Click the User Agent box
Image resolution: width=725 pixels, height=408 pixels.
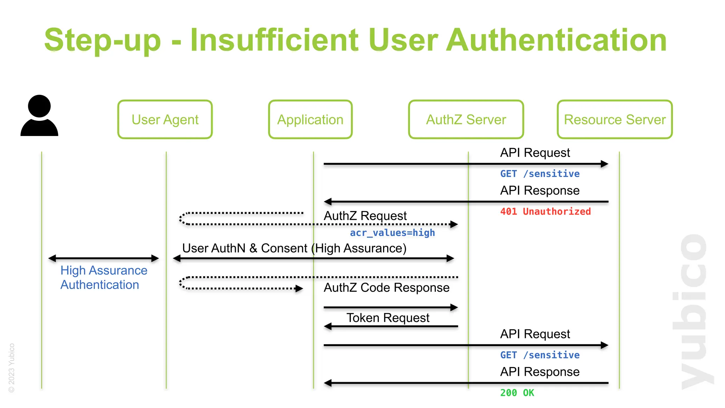(165, 119)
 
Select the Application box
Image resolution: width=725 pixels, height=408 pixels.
(310, 119)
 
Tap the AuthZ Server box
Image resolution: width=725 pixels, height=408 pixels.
(466, 119)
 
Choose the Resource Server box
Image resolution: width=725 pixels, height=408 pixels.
(615, 119)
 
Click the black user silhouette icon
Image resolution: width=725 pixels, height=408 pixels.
(39, 116)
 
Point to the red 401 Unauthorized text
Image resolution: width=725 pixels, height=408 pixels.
(545, 211)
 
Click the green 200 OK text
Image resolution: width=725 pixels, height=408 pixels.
(517, 392)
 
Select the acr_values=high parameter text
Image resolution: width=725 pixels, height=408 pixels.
(392, 233)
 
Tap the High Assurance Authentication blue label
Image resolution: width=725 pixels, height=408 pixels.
(103, 277)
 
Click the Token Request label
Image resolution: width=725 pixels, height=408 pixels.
(388, 318)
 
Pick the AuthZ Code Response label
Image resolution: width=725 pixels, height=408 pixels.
(387, 288)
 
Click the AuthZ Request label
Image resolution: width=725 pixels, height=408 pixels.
(365, 216)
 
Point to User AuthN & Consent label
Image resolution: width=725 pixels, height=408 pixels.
(294, 248)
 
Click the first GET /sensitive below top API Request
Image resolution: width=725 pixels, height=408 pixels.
(540, 174)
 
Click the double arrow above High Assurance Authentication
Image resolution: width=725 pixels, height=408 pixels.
(103, 258)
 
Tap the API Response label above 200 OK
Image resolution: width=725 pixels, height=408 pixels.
(540, 372)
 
